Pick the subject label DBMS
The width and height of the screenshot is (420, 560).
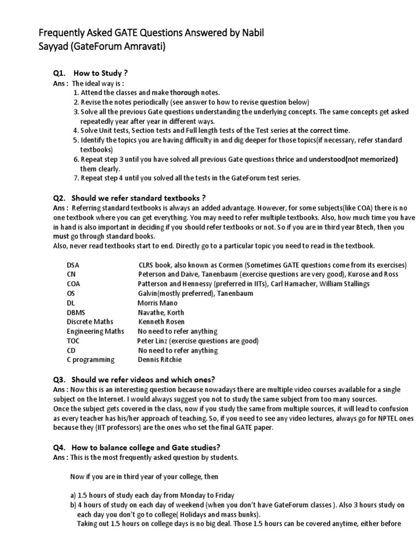point(78,312)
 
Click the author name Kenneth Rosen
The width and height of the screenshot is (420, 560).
point(162,322)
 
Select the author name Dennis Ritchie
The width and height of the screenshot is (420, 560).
point(160,360)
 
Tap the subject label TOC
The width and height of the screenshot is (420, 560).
point(73,341)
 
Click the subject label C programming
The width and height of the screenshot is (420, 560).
point(91,360)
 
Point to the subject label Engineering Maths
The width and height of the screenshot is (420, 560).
point(95,331)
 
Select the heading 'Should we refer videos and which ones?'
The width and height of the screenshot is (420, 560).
point(151,379)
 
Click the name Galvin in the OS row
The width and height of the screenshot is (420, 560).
point(150,293)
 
